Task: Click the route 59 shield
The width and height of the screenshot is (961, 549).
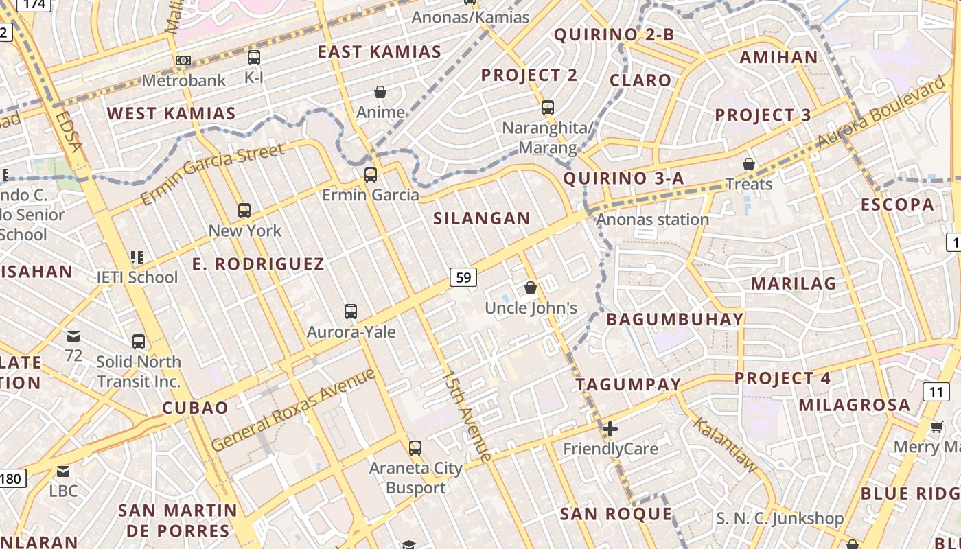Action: [x=463, y=277]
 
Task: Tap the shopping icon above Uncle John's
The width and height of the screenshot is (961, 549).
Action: [x=531, y=288]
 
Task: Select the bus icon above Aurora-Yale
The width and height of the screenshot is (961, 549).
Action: [x=351, y=312]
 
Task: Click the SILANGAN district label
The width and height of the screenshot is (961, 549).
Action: [x=482, y=219]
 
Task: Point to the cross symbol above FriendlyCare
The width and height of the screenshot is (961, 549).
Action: [x=610, y=429]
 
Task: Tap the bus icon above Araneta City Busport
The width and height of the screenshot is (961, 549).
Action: [x=415, y=448]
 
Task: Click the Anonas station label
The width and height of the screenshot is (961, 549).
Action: [x=652, y=220]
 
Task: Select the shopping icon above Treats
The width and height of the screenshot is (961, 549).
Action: [x=749, y=164]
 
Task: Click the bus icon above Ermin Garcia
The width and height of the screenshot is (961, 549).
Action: [x=371, y=174]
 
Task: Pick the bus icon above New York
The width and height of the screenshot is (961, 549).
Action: [x=244, y=211]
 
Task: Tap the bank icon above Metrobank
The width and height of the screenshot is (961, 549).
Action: [x=183, y=60]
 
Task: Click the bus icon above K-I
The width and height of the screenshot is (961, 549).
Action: [x=254, y=58]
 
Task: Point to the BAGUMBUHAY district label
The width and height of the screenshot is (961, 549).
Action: [x=675, y=319]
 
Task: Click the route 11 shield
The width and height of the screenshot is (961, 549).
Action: [x=936, y=392]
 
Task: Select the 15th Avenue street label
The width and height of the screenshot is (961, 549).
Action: [x=467, y=416]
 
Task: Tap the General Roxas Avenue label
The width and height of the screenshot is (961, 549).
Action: [x=294, y=410]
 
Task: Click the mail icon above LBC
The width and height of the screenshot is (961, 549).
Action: [x=63, y=471]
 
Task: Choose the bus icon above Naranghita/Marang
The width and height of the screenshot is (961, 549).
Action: [x=547, y=108]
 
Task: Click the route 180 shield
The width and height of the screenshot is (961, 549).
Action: [x=12, y=478]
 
